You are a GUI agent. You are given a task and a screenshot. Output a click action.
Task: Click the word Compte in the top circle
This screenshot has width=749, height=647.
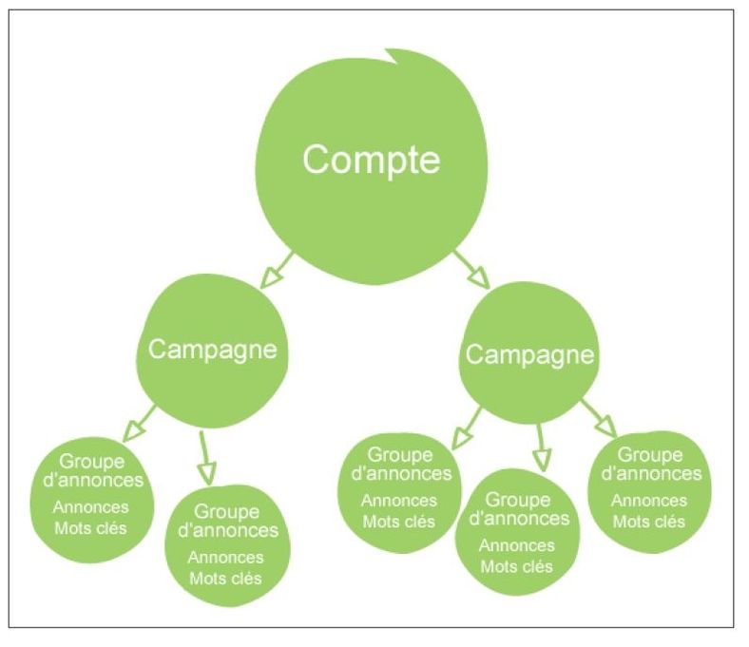(x=372, y=160)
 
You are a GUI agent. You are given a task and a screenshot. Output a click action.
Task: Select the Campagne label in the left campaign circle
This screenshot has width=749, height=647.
(x=213, y=349)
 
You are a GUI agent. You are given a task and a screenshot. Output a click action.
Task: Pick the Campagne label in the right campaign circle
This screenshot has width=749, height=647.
(x=530, y=355)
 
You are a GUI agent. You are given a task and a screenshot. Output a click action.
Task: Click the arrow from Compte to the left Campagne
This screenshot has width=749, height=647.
(x=277, y=270)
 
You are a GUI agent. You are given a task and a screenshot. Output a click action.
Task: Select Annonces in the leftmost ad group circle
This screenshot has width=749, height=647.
(x=91, y=506)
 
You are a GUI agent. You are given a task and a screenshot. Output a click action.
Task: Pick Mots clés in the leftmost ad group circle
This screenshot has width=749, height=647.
(x=91, y=527)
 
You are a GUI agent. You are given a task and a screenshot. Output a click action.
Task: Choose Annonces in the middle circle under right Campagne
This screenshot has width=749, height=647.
(x=517, y=545)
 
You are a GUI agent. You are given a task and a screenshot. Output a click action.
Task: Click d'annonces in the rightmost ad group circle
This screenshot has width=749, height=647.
(x=651, y=473)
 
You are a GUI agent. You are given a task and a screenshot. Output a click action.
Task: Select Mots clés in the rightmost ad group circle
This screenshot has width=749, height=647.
(x=649, y=521)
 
